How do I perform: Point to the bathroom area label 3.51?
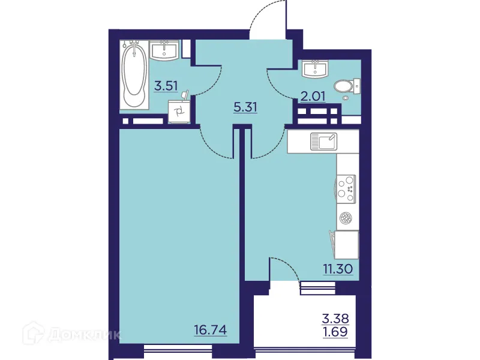pos(166,86)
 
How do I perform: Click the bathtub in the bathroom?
pos(134,76)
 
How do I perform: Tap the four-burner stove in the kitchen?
pos(345,186)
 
